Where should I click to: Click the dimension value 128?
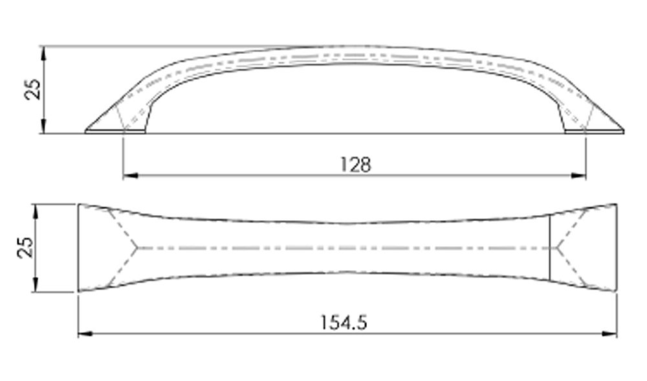355,165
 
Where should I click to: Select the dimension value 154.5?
344,323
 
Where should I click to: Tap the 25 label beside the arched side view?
33,89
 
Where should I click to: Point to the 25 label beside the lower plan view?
26,247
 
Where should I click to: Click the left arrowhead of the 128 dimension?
131,176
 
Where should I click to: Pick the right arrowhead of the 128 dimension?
578,176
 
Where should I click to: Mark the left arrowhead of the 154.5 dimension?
85,334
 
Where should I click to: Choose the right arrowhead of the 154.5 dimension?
609,334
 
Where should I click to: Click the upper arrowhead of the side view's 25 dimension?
44,54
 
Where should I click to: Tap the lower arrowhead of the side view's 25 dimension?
44,126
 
